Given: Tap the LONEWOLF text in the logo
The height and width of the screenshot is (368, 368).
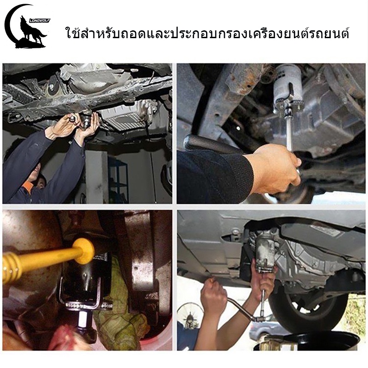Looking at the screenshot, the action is click(40, 20).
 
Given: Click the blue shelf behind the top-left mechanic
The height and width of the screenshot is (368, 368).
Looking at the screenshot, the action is click(119, 178).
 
